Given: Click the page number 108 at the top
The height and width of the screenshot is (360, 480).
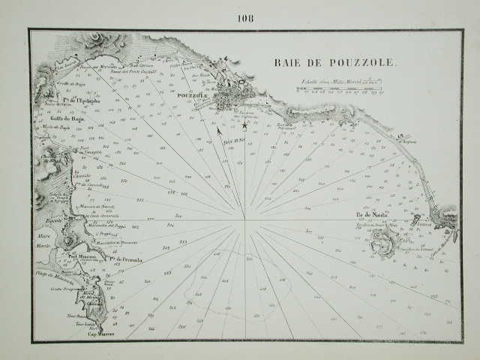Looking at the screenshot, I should (x=245, y=18).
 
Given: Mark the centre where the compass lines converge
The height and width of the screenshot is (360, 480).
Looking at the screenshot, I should (x=244, y=220).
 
